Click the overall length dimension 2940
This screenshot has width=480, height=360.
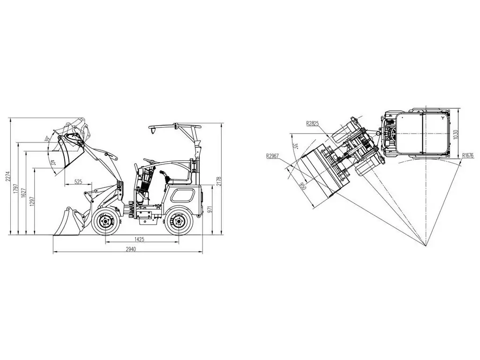131,249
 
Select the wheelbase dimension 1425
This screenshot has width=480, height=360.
139,240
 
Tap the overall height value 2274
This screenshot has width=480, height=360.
8,177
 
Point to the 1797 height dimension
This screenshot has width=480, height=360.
16,190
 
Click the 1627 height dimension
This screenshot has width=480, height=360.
23,192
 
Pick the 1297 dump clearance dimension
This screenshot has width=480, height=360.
32,202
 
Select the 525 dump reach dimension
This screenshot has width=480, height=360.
78,181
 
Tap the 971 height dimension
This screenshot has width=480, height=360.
210,210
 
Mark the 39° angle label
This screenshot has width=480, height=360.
47,139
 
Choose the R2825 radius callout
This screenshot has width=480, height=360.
312,123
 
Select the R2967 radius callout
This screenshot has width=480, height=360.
272,156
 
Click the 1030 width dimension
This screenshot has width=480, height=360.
455,135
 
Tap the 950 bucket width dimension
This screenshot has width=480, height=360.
302,186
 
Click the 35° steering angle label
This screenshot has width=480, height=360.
295,146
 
